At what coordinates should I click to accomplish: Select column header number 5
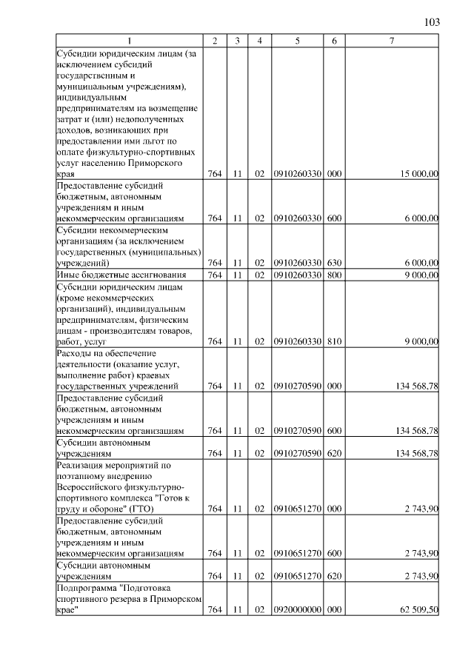(x=297, y=41)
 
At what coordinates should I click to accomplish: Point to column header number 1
(x=130, y=41)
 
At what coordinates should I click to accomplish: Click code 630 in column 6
(x=334, y=263)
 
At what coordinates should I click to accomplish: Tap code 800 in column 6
(x=334, y=275)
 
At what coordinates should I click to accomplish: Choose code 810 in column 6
(x=334, y=342)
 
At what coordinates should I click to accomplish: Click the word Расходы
(x=74, y=353)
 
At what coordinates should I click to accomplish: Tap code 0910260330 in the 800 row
(x=297, y=275)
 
